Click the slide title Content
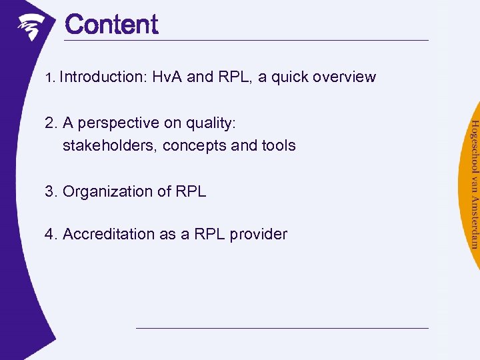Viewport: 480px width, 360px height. pyautogui.click(x=111, y=25)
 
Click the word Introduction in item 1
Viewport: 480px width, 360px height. pyautogui.click(x=103, y=77)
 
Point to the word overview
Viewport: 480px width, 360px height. pyautogui.click(x=343, y=77)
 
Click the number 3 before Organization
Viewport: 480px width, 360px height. pyautogui.click(x=49, y=192)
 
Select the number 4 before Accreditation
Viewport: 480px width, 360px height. pyautogui.click(x=49, y=234)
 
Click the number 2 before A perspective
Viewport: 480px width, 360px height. pyautogui.click(x=49, y=123)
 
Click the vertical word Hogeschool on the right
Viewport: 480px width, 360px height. pyautogui.click(x=474, y=143)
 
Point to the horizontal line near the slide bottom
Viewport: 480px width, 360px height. pyautogui.click(x=282, y=328)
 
